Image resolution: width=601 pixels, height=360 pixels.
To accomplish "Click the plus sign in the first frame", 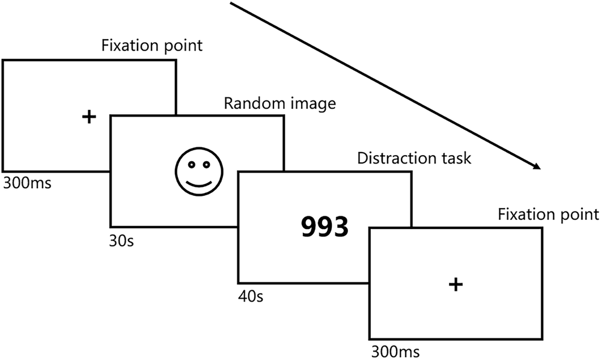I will [89, 117].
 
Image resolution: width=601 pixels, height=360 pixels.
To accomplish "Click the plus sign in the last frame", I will [456, 284].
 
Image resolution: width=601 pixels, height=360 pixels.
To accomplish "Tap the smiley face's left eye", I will [188, 164].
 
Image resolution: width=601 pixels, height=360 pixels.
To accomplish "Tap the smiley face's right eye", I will [206, 164].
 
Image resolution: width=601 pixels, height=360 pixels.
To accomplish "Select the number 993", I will [324, 227].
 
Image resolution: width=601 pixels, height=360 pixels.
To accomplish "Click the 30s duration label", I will [122, 242].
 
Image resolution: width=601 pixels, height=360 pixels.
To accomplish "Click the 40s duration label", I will [251, 297].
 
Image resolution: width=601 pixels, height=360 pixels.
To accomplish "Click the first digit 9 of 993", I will [309, 227].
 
